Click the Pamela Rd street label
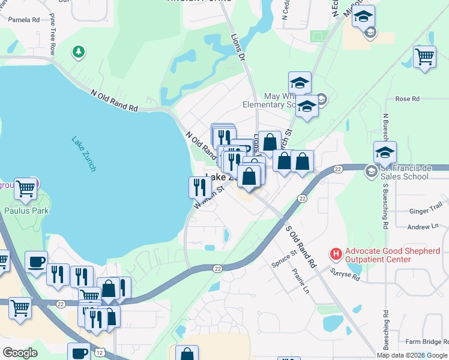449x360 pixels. (x=24, y=20)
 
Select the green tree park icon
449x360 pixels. (x=78, y=52)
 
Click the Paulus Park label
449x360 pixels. (x=26, y=211)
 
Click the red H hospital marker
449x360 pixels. (x=336, y=254)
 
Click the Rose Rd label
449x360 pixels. (x=407, y=99)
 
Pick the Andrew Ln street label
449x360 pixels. (x=423, y=227)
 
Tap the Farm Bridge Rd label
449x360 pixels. (x=426, y=341)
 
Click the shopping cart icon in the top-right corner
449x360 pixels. (x=424, y=58)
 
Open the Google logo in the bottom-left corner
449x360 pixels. (x=20, y=352)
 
